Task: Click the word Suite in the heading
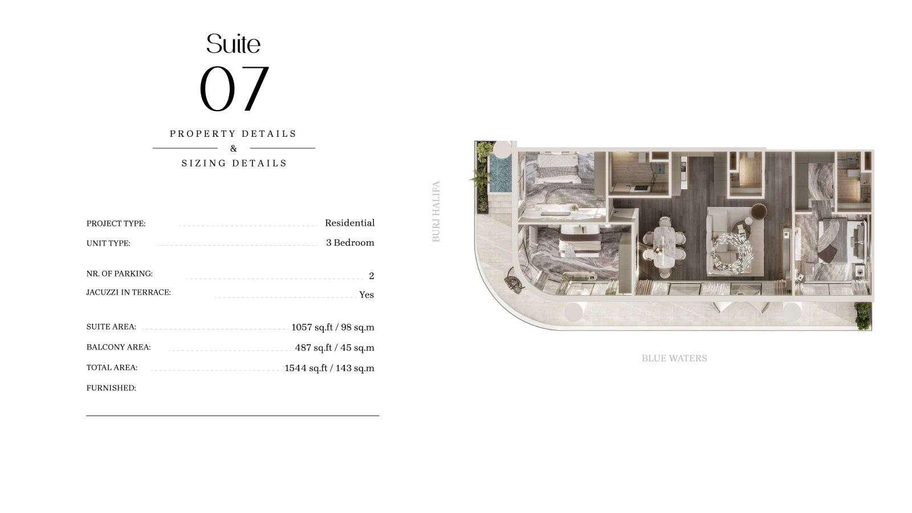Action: (x=233, y=43)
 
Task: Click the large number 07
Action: (x=234, y=88)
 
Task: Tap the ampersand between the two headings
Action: (x=233, y=148)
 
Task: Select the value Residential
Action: (x=350, y=223)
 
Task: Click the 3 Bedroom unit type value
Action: (x=350, y=243)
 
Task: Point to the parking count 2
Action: (x=371, y=276)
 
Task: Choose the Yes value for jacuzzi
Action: (x=367, y=295)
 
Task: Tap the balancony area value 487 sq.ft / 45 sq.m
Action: (x=335, y=348)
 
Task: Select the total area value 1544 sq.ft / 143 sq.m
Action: (x=329, y=368)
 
